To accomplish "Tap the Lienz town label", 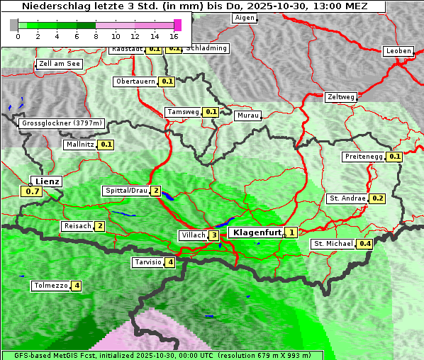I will click(47, 181).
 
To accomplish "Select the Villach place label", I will click(193, 235).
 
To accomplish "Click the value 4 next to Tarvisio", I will click(170, 263).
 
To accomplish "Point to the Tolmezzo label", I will click(50, 286).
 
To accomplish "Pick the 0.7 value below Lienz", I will click(32, 191).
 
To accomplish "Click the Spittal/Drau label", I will click(126, 191).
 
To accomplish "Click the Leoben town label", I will click(398, 51).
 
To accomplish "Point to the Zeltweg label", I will click(341, 97).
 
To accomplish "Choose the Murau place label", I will click(248, 115).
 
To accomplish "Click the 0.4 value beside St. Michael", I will click(365, 244).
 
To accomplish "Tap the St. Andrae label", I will click(347, 198).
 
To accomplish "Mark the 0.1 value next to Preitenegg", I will click(395, 157).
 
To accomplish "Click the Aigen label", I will click(244, 18).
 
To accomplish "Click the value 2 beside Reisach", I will click(100, 226).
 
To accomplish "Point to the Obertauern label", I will click(135, 81).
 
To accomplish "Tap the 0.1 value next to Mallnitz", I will click(106, 145).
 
